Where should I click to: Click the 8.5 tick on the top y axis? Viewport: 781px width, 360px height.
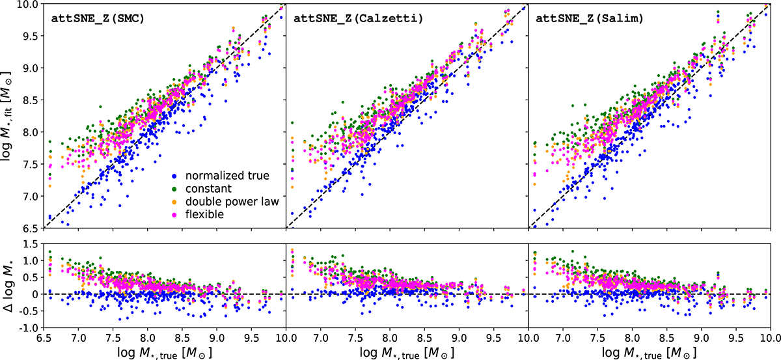(x=33, y=100)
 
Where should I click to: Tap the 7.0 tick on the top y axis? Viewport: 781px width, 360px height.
(x=33, y=196)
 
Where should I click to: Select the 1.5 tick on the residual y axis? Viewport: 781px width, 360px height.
(x=33, y=243)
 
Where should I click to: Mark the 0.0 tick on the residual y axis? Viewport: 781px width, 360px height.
(x=33, y=294)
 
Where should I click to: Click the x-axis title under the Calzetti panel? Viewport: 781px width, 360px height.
(x=407, y=353)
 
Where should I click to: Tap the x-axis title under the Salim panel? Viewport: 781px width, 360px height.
(x=649, y=353)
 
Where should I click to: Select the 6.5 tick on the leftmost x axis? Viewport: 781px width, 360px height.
(x=44, y=339)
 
